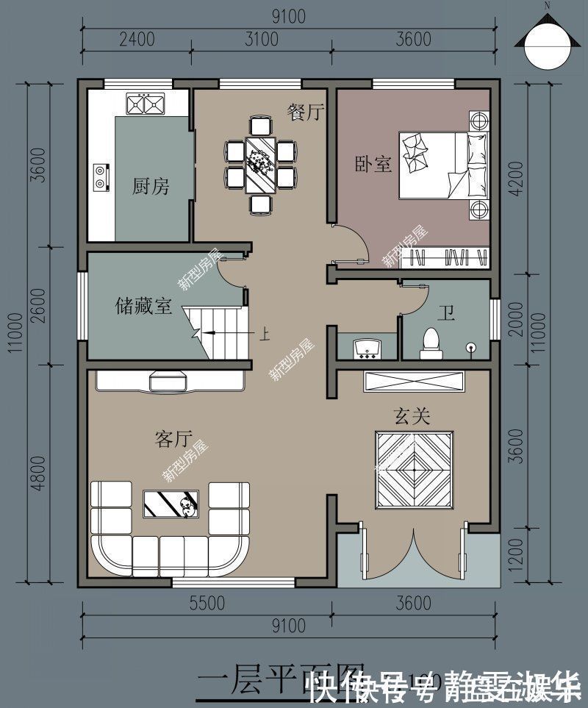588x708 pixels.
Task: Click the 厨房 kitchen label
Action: [x=151, y=186]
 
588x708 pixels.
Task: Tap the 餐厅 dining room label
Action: [x=306, y=112]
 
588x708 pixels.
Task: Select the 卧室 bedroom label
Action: [x=373, y=163]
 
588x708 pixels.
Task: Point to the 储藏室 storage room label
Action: [x=143, y=305]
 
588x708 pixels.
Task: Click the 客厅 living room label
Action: [x=173, y=439]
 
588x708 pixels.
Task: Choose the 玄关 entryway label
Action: [x=412, y=416]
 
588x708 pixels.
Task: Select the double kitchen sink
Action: [x=144, y=105]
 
